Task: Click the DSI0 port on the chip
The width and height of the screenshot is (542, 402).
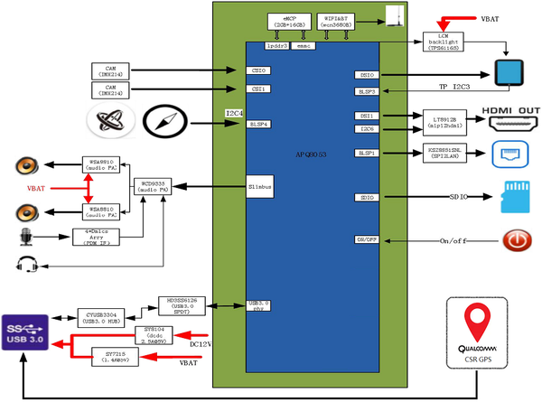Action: pyautogui.click(x=367, y=77)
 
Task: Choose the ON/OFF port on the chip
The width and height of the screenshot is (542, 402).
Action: pyautogui.click(x=367, y=239)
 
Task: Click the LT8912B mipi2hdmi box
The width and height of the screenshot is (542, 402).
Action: pyautogui.click(x=442, y=121)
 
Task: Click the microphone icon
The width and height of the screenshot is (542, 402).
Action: pyautogui.click(x=25, y=238)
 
